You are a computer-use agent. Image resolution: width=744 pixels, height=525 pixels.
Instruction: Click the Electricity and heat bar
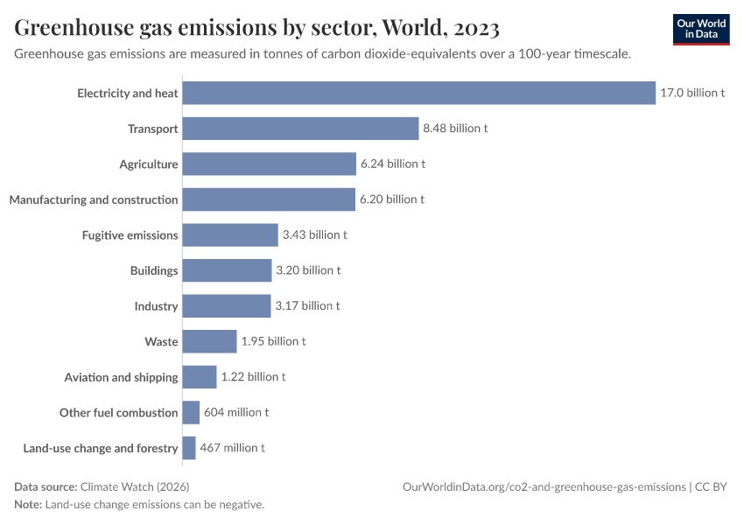pyautogui.click(x=418, y=93)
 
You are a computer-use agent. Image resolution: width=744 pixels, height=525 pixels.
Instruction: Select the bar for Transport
pyautogui.click(x=300, y=129)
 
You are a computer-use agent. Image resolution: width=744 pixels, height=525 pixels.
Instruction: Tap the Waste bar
pyautogui.click(x=209, y=341)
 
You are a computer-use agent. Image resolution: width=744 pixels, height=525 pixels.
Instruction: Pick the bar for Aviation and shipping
pyautogui.click(x=199, y=377)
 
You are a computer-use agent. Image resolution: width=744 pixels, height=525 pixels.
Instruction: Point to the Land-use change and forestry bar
pyautogui.click(x=188, y=448)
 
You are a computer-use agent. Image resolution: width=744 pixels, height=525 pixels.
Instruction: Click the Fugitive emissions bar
pyautogui.click(x=229, y=234)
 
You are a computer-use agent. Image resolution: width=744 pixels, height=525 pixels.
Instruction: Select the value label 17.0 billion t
pyautogui.click(x=692, y=93)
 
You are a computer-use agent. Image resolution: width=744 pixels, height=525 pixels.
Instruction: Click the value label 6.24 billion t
pyautogui.click(x=393, y=164)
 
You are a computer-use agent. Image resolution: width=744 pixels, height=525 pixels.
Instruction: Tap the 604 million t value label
pyautogui.click(x=236, y=412)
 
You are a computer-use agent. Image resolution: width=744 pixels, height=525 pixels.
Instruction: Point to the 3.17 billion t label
pyautogui.click(x=307, y=306)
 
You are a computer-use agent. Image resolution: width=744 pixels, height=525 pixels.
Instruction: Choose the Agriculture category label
pyautogui.click(x=149, y=164)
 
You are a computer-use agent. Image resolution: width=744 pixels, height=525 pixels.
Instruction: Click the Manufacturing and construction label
pyautogui.click(x=94, y=199)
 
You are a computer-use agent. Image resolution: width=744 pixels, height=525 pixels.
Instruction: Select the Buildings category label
pyautogui.click(x=154, y=270)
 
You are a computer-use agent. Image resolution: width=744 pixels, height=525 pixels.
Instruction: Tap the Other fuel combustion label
pyautogui.click(x=118, y=412)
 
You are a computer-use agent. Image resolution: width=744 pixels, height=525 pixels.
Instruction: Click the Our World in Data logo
pyautogui.click(x=700, y=29)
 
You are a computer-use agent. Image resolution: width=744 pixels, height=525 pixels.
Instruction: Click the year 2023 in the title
pyautogui.click(x=477, y=29)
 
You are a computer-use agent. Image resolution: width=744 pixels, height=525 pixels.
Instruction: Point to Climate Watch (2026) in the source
pyautogui.click(x=135, y=486)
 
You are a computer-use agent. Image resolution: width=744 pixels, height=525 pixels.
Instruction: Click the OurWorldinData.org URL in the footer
pyautogui.click(x=544, y=486)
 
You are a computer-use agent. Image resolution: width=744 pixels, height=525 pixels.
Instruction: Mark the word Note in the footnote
pyautogui.click(x=27, y=505)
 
